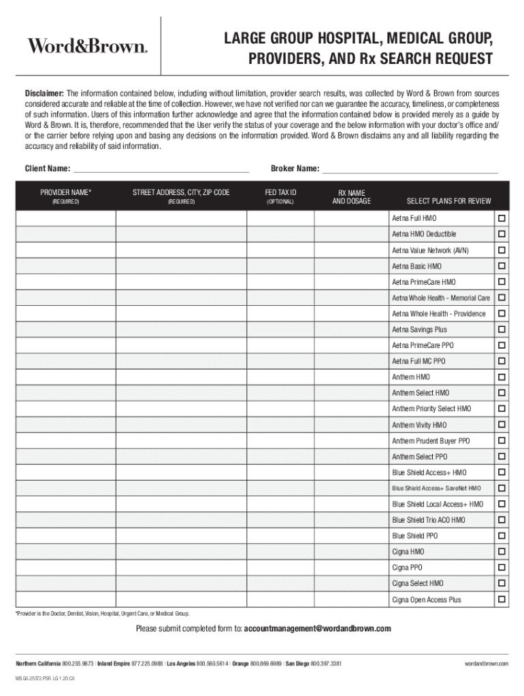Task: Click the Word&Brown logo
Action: click(86, 46)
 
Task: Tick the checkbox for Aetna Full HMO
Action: click(502, 219)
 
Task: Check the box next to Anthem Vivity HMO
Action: click(502, 425)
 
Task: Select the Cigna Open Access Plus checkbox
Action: click(502, 599)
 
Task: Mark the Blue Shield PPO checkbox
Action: click(502, 536)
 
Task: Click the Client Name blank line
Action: click(161, 169)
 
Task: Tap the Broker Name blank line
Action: click(410, 169)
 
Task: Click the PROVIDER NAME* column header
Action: click(66, 193)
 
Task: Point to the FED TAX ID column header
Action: click(280, 193)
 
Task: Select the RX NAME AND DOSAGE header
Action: click(352, 197)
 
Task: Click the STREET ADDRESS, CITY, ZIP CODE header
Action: click(181, 193)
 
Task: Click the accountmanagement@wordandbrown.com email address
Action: click(317, 629)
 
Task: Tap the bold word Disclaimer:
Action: click(45, 93)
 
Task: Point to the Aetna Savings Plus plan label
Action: click(419, 330)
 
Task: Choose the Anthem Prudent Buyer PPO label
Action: click(430, 441)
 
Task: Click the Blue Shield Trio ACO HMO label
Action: click(429, 520)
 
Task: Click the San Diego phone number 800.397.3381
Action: click(326, 663)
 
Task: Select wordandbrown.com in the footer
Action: click(487, 663)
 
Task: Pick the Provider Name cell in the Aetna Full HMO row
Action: click(66, 219)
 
